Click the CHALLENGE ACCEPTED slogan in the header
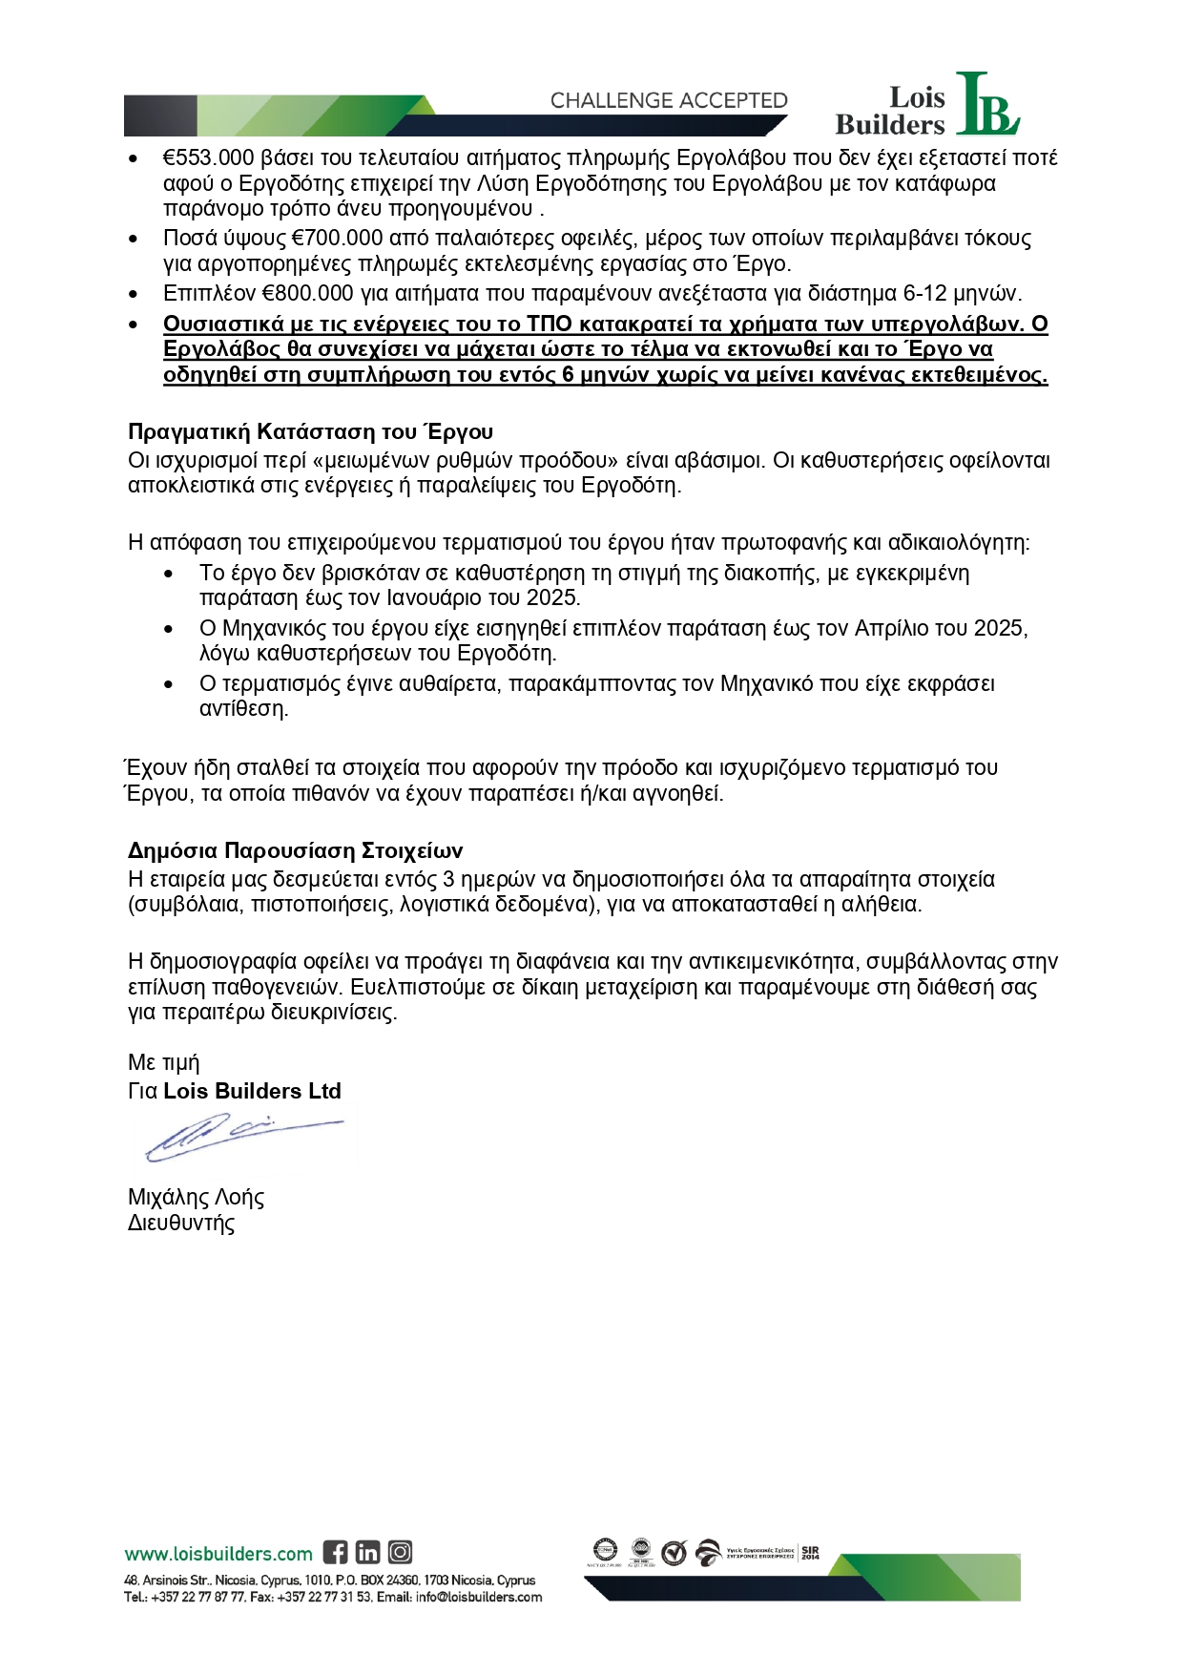pos(669,100)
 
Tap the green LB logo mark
pos(986,105)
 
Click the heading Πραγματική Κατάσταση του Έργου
pos(310,432)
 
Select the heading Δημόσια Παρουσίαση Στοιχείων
pos(295,850)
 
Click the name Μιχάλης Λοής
pos(196,1197)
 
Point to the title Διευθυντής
pos(181,1223)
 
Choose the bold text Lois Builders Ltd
pos(252,1091)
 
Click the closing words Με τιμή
pos(163,1062)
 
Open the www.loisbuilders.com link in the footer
pos(218,1554)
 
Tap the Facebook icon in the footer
pos(335,1553)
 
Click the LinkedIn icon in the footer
pos(367,1553)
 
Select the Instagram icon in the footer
pos(400,1553)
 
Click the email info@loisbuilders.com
pos(478,1597)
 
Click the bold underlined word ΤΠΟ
pos(549,324)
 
